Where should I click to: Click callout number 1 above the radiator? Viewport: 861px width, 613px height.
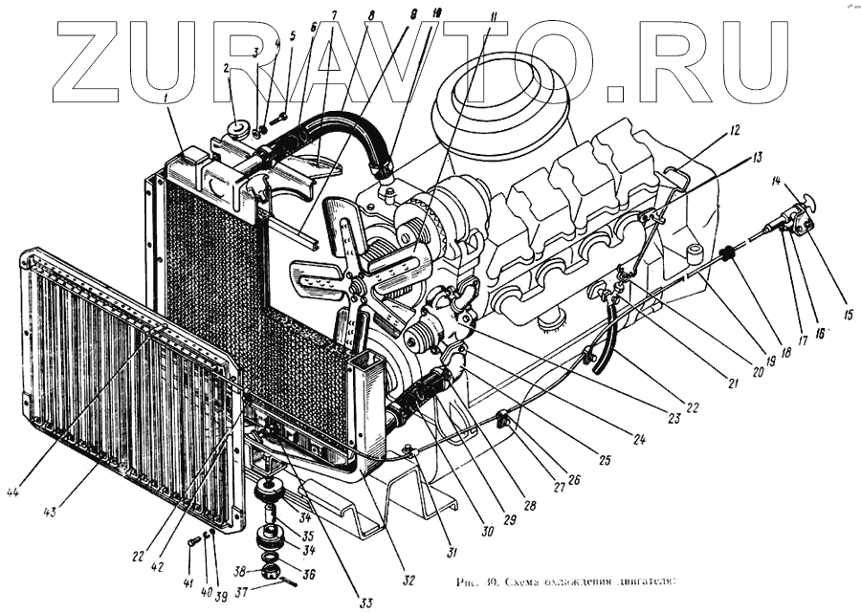(x=169, y=96)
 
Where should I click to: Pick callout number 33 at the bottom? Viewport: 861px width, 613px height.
(x=364, y=602)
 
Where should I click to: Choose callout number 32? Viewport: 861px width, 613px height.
(x=409, y=580)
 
